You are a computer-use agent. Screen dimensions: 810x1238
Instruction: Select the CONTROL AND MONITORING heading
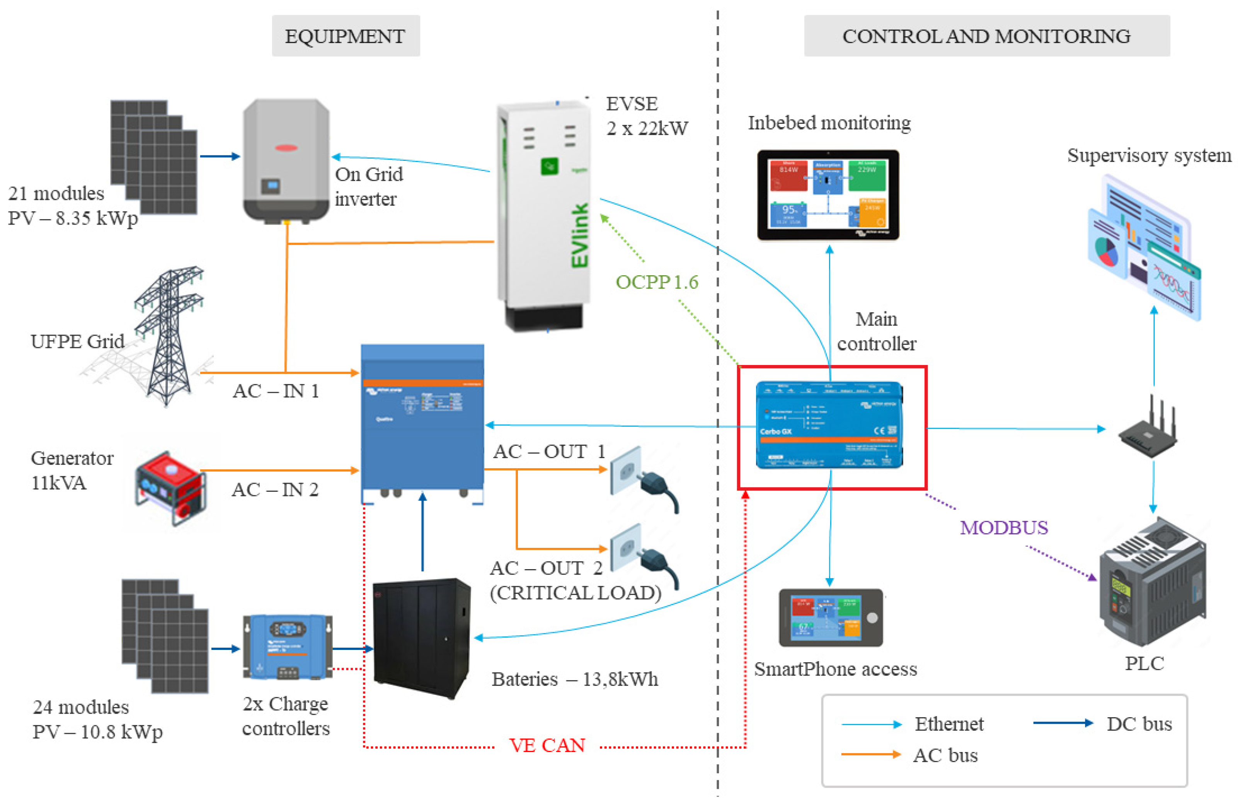point(986,36)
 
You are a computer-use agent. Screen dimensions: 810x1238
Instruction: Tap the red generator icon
point(170,488)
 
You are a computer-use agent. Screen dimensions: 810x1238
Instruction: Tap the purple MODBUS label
point(1003,527)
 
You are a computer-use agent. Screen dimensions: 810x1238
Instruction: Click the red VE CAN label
point(547,745)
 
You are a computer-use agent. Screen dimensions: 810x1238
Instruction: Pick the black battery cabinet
point(422,637)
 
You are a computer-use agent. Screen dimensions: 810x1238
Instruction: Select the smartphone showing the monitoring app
point(830,617)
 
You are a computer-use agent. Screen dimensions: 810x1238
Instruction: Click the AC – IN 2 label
point(275,489)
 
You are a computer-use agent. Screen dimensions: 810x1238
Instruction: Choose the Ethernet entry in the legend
point(949,724)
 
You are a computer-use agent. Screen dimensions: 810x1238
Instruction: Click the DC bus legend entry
point(1139,724)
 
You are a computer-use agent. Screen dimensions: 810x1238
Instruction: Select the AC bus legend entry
point(945,755)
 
